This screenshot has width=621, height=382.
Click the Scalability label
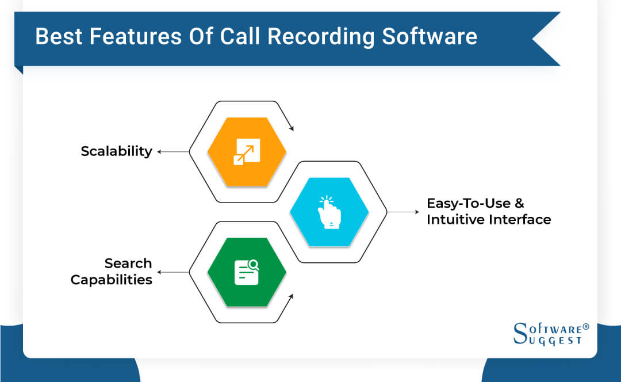pyautogui.click(x=116, y=151)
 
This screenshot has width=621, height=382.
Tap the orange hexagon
pyautogui.click(x=247, y=152)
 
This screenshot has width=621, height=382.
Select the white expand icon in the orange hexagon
pyautogui.click(x=247, y=152)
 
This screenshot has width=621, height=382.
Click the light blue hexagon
pyautogui.click(x=329, y=212)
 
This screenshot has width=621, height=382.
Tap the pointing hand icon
pyautogui.click(x=329, y=212)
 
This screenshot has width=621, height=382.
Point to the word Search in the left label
pyautogui.click(x=128, y=263)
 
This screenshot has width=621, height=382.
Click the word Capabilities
pyautogui.click(x=111, y=280)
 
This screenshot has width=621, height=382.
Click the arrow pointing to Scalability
pyautogui.click(x=172, y=152)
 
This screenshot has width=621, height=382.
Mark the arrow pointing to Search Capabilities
pyautogui.click(x=172, y=273)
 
